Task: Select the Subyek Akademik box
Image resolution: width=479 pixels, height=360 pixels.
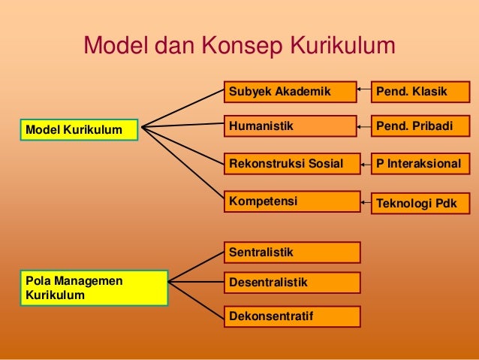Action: tap(290, 92)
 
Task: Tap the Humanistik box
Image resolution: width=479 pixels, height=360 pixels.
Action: tap(290, 126)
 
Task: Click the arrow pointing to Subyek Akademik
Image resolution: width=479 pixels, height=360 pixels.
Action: tap(365, 92)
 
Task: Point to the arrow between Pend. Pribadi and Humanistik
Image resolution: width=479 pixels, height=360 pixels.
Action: tap(365, 126)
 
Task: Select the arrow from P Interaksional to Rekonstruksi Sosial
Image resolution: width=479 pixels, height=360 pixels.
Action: tap(365, 163)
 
